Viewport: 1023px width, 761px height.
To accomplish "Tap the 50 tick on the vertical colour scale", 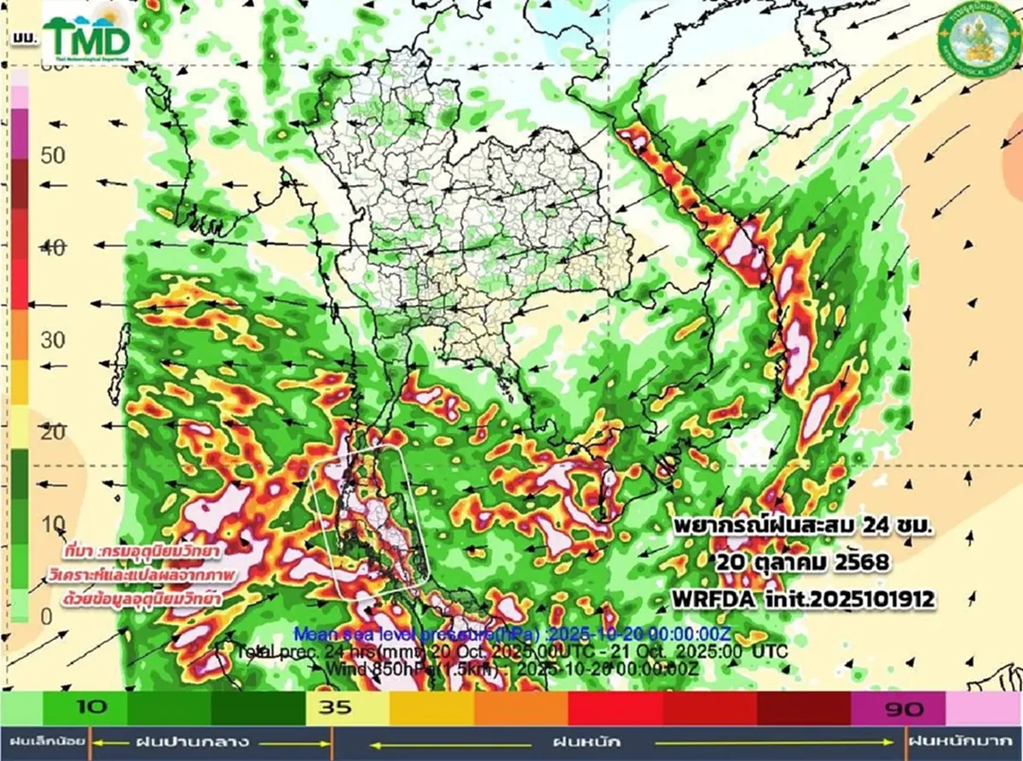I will pyautogui.click(x=53, y=156).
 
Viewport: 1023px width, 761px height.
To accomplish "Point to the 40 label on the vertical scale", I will pyautogui.click(x=53, y=249).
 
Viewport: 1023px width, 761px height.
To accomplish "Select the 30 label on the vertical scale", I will pyautogui.click(x=53, y=340).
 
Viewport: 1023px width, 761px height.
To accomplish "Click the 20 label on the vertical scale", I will pyautogui.click(x=53, y=432).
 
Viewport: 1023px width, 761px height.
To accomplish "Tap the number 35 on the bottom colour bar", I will pyautogui.click(x=335, y=708).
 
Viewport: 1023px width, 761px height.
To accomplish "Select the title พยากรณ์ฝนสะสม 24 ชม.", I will pyautogui.click(x=802, y=527).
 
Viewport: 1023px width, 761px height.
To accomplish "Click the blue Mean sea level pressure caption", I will pyautogui.click(x=511, y=633).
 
